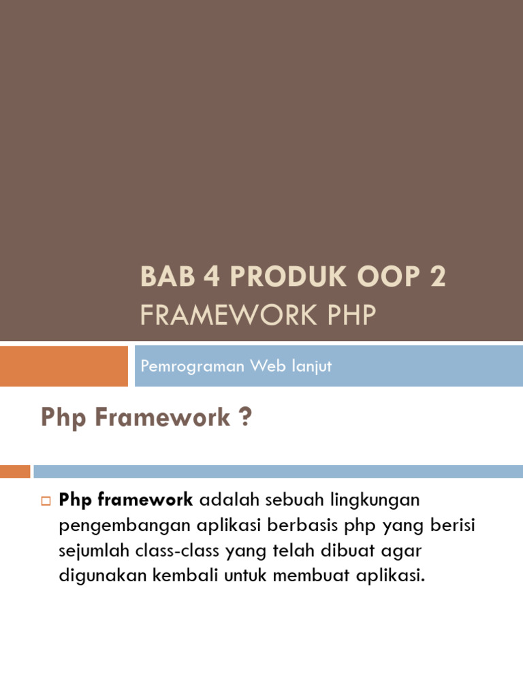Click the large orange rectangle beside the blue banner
click(x=63, y=366)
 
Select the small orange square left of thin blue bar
click(x=15, y=471)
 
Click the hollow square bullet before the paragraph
click(x=46, y=502)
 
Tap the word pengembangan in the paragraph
click(x=110, y=525)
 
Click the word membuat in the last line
click(x=304, y=575)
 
